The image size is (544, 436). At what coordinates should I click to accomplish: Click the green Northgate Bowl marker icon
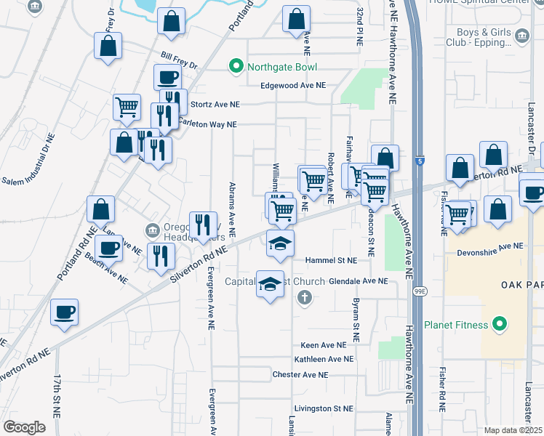236,68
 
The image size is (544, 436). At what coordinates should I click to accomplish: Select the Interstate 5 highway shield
420,160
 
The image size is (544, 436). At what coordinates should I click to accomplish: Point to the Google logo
24,427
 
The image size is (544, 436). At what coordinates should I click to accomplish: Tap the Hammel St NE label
332,260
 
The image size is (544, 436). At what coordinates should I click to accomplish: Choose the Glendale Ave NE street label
359,280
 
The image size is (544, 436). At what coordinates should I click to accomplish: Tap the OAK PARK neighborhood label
521,285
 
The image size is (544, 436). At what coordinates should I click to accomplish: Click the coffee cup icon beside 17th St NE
64,312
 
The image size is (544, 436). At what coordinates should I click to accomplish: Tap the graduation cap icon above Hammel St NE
280,243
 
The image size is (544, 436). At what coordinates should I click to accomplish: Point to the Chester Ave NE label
300,375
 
